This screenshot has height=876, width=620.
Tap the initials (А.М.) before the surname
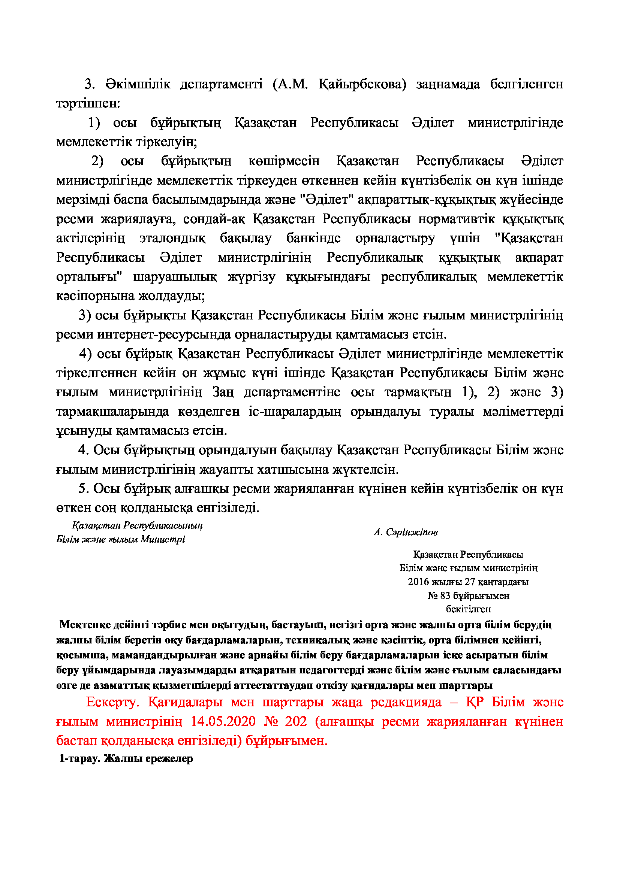tap(291, 84)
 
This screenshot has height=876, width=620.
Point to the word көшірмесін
tap(284, 161)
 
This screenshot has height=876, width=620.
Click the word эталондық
tap(172, 238)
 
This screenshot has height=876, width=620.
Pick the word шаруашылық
tap(175, 277)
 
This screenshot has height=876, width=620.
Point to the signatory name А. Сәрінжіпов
tap(406, 532)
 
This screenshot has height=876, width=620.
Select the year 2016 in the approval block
tap(418, 582)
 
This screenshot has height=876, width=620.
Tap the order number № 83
tap(439, 595)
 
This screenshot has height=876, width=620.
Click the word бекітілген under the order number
tap(468, 609)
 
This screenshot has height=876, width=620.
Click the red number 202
tap(295, 721)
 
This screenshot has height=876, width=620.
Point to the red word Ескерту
tap(112, 702)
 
